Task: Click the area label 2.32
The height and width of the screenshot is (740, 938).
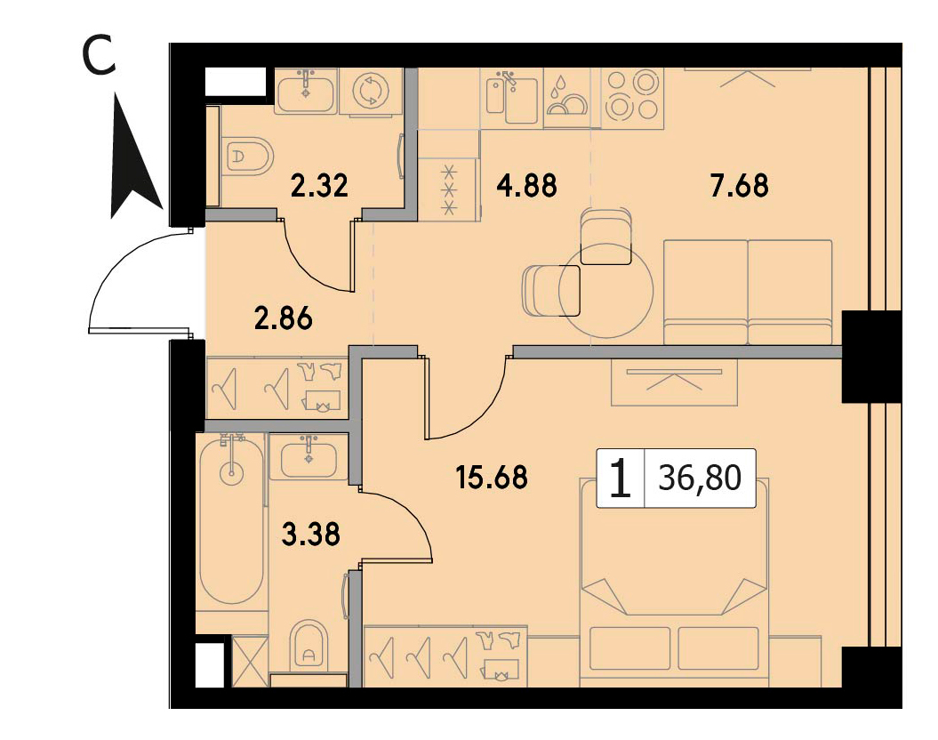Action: [319, 185]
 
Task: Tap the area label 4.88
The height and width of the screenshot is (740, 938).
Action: [526, 186]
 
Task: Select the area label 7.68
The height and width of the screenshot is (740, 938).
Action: [740, 186]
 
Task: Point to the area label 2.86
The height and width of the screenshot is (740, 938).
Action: [283, 318]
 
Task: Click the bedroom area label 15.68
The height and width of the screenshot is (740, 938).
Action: [492, 478]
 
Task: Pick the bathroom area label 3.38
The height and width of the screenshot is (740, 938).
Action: [310, 535]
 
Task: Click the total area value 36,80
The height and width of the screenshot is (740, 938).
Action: [700, 478]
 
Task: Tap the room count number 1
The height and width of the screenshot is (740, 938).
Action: [621, 479]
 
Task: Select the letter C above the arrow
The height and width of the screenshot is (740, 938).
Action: [100, 56]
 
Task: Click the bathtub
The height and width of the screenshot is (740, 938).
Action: [231, 519]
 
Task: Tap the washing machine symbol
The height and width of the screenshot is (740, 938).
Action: [370, 91]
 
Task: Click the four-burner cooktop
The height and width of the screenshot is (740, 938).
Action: [632, 96]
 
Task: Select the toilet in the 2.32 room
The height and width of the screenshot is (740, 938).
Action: [248, 157]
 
